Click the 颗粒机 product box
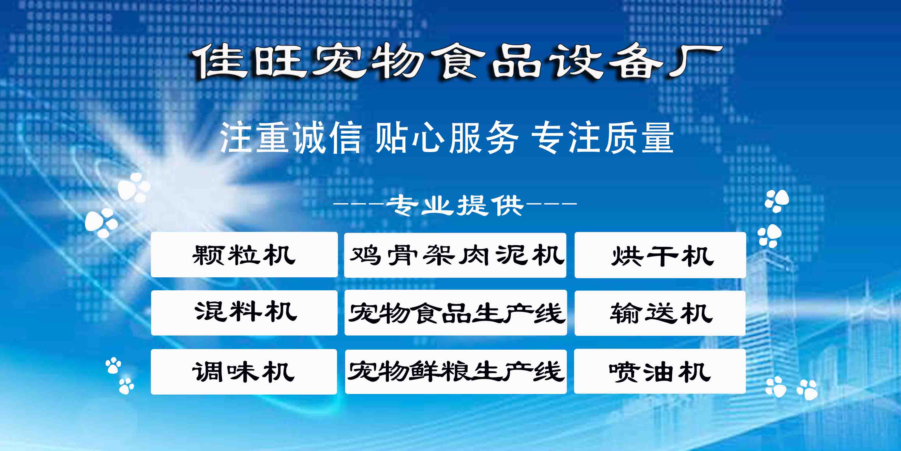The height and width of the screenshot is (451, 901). (244, 255)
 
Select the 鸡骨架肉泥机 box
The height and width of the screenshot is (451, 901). (455, 255)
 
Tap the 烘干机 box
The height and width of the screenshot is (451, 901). (660, 255)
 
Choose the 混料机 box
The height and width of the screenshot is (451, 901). (244, 313)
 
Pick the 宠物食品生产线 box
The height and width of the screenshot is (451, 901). (455, 313)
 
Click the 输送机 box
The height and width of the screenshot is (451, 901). (660, 313)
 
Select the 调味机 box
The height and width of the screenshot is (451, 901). (244, 372)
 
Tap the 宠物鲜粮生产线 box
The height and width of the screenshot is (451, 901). (456, 372)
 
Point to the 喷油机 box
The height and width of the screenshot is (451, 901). (660, 371)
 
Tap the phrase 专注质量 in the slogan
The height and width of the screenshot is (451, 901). (602, 138)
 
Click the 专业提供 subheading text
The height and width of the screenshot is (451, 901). (455, 205)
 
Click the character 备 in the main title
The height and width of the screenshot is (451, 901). (636, 61)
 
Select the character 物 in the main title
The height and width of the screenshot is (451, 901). (399, 61)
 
